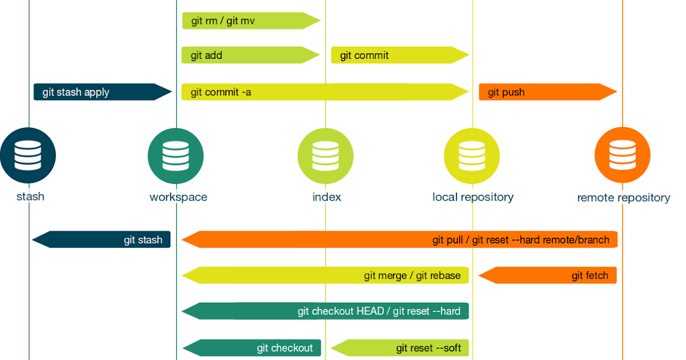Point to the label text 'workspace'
(x=178, y=197)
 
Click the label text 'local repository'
(x=473, y=197)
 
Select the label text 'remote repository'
(x=623, y=198)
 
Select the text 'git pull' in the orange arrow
(x=450, y=240)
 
